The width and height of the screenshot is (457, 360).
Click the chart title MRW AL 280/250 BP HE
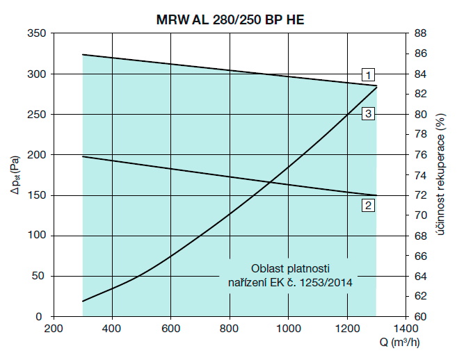click(229, 20)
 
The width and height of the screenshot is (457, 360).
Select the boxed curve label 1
click(368, 74)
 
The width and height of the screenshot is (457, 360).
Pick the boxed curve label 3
click(368, 113)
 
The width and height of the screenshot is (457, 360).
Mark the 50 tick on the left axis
click(38, 276)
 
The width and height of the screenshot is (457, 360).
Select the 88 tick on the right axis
click(421, 33)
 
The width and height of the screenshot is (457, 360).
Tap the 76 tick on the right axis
click(421, 155)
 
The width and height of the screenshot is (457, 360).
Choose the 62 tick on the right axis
click(421, 296)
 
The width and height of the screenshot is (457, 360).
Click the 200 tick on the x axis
click(54, 329)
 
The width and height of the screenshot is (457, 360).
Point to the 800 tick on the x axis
click(230, 329)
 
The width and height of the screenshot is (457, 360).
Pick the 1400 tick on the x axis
click(406, 329)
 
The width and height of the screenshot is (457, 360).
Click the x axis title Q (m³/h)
click(409, 343)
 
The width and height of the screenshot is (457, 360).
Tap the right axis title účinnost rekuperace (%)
click(442, 174)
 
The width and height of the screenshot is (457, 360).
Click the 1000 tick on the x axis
click(288, 329)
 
